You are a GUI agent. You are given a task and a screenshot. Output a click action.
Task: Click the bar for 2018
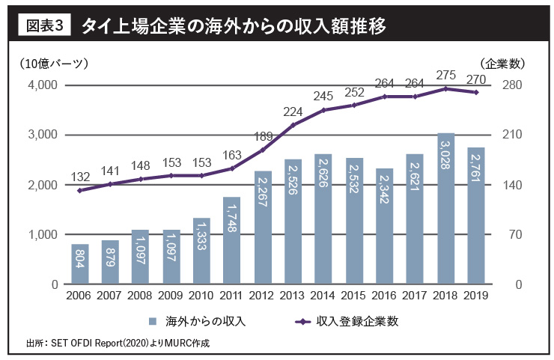click(445, 209)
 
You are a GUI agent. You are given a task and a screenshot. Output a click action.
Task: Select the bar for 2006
click(80, 264)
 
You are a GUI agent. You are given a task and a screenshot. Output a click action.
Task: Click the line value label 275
click(445, 75)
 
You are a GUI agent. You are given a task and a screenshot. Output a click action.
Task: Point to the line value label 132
click(80, 177)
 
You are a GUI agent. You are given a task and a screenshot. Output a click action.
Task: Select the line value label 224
click(293, 111)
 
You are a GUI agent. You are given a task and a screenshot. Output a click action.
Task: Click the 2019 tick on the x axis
click(476, 296)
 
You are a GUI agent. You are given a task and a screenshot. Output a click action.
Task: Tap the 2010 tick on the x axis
click(202, 296)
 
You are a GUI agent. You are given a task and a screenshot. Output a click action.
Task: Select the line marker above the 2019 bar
click(476, 92)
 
